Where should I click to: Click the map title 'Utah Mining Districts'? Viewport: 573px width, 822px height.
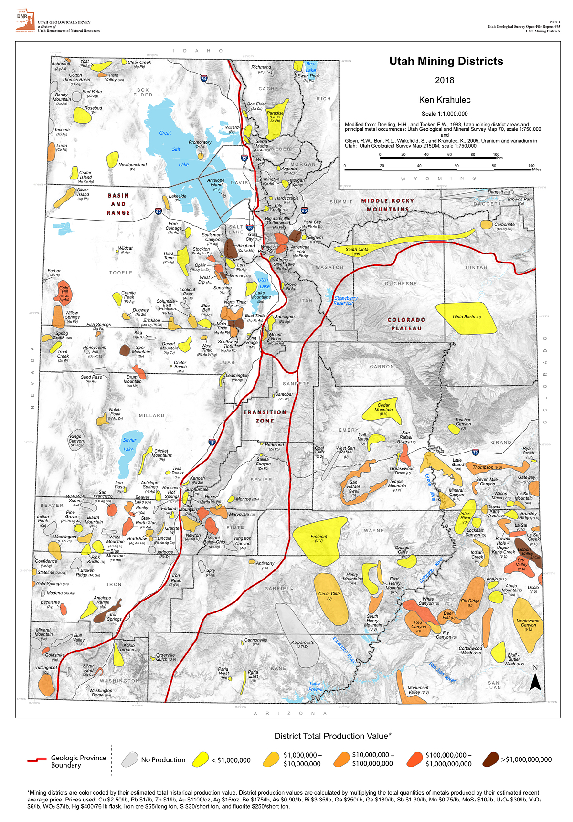(x=446, y=61)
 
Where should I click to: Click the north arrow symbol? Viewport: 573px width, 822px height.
(x=535, y=683)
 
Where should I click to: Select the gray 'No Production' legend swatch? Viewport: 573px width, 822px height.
(x=130, y=759)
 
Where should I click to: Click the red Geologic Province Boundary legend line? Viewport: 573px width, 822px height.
(x=37, y=759)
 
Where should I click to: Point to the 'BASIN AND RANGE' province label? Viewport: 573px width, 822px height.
(x=118, y=204)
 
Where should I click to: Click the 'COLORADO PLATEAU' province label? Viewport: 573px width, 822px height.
(x=406, y=324)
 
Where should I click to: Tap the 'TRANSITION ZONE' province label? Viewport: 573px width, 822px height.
(x=265, y=416)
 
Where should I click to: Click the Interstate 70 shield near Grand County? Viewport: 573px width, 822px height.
(x=475, y=452)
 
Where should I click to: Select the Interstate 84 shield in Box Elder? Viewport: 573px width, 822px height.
(x=204, y=78)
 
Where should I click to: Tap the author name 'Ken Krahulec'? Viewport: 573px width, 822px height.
(x=445, y=100)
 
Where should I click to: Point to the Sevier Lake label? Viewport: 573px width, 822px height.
(x=129, y=444)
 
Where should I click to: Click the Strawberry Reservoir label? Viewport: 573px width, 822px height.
(x=346, y=300)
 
